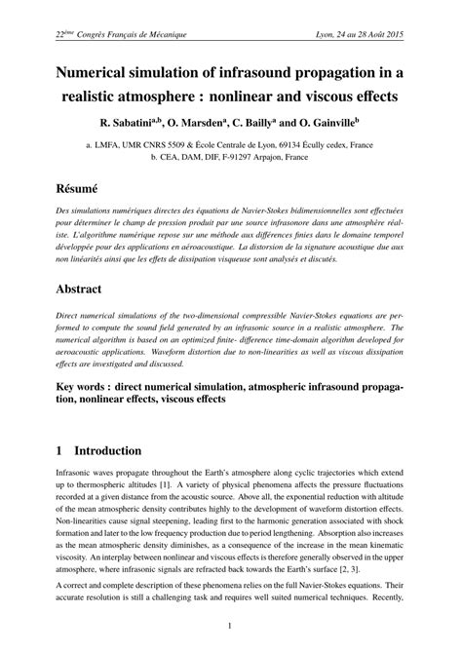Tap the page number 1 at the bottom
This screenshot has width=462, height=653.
[231, 626]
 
